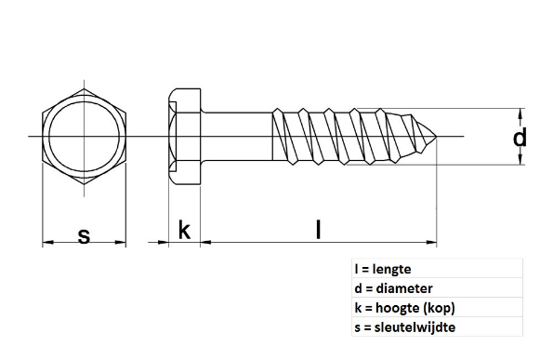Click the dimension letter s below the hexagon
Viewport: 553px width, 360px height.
pyautogui.click(x=84, y=235)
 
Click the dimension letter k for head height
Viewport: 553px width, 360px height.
pyautogui.click(x=184, y=230)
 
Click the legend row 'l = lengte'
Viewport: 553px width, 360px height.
pyautogui.click(x=383, y=269)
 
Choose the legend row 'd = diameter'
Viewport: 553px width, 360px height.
pyautogui.click(x=393, y=288)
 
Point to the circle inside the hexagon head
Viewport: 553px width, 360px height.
pyautogui.click(x=84, y=138)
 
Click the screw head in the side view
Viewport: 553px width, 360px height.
pyautogui.click(x=184, y=138)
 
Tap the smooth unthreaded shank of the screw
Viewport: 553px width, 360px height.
pyautogui.click(x=236, y=138)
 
